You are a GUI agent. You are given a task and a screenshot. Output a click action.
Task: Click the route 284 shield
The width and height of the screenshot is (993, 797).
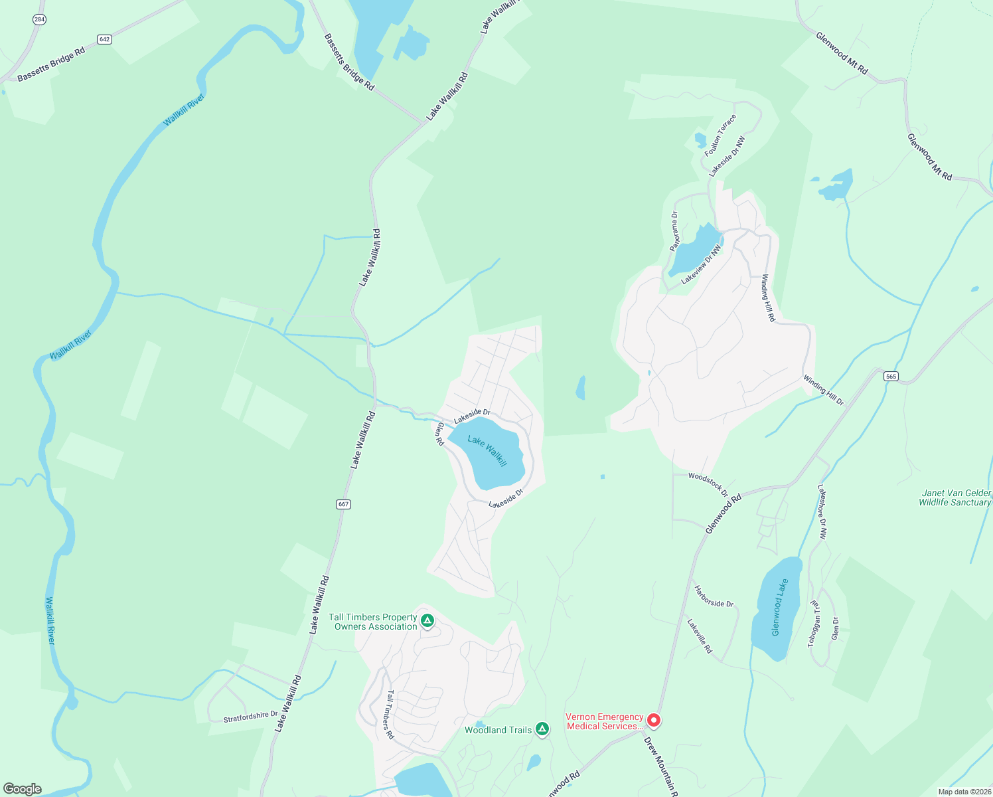(x=39, y=20)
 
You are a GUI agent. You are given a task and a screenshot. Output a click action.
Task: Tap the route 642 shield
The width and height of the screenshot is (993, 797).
(x=104, y=39)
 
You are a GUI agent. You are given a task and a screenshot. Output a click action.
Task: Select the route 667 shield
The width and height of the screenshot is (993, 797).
(x=343, y=504)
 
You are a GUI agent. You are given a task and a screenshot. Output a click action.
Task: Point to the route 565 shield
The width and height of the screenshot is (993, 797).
(x=891, y=377)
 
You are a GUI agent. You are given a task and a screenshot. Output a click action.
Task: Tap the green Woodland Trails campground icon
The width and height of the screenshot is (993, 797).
(x=542, y=729)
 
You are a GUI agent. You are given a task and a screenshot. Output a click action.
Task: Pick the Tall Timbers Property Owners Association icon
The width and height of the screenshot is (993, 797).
(x=427, y=621)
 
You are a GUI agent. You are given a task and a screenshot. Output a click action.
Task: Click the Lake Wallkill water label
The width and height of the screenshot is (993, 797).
(x=487, y=451)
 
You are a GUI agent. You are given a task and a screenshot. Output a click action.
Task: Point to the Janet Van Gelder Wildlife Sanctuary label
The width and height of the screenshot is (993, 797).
(x=955, y=498)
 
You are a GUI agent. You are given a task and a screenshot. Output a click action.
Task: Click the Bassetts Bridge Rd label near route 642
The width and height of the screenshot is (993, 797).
(x=51, y=64)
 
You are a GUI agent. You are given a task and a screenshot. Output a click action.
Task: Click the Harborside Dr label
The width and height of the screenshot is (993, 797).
(x=714, y=596)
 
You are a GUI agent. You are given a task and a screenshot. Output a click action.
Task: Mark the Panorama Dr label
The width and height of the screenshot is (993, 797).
(x=674, y=231)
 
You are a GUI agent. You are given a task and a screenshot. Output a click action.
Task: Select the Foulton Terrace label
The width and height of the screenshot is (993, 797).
(x=720, y=135)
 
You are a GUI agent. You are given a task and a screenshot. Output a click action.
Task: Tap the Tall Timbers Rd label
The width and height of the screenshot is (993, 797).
(x=390, y=714)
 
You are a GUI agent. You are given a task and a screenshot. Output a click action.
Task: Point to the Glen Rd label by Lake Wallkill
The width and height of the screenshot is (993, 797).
(x=439, y=434)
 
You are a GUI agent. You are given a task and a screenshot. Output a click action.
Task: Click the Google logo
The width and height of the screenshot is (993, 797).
(x=22, y=789)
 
